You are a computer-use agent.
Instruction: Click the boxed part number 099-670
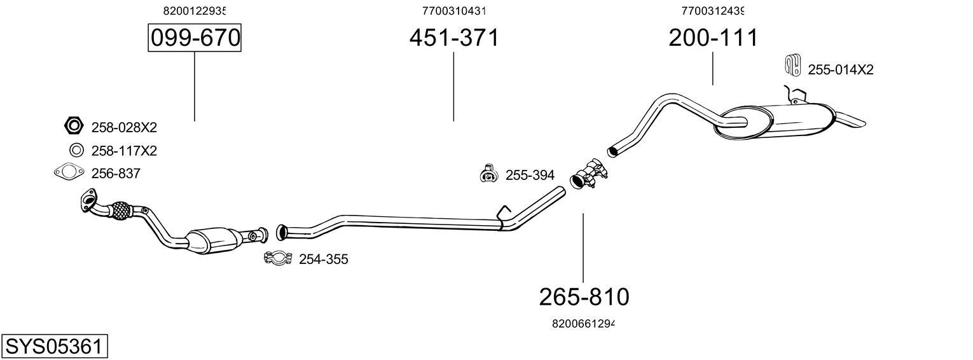tap(195, 38)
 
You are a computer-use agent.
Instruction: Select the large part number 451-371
tap(454, 38)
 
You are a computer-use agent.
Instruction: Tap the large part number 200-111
tap(713, 38)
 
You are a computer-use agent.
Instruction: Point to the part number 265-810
tap(584, 296)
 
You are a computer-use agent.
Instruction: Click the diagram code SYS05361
tap(54, 347)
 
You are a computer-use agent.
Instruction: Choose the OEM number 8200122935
tap(195, 11)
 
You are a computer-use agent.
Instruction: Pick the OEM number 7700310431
tap(454, 11)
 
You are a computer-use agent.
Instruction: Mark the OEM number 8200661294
tap(583, 324)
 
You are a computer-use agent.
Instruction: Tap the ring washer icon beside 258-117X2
tap(76, 151)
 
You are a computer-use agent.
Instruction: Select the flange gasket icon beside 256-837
tap(69, 172)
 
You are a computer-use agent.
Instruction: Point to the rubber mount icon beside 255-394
tap(488, 174)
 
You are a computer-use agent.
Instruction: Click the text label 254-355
tap(323, 260)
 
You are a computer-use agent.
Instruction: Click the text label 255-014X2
tap(840, 70)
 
